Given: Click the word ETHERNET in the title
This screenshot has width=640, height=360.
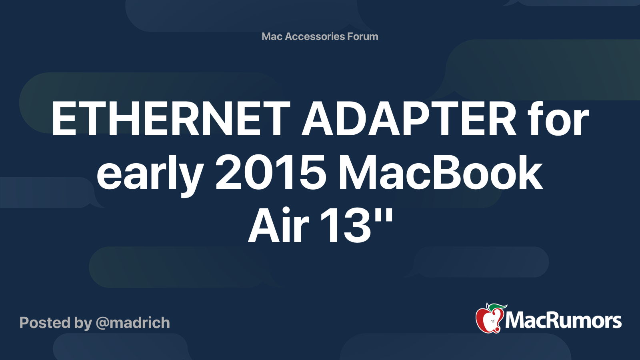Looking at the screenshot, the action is pos(171,118).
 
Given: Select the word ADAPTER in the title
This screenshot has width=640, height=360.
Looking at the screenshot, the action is pos(409,118).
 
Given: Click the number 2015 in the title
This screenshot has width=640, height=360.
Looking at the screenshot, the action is pos(270,172).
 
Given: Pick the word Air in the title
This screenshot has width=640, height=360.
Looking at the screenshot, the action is pos(278,226).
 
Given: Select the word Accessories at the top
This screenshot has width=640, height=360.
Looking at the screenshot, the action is pos(314,36).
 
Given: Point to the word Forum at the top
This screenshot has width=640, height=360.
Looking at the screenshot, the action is pos(362,36).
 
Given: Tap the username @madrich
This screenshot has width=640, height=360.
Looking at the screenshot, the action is pos(133,323).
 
